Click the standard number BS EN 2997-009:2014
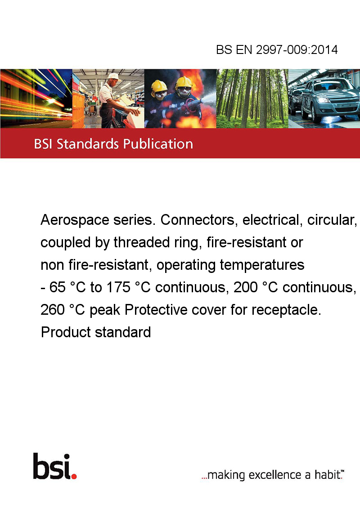tap(277, 49)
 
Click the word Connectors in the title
tap(198, 220)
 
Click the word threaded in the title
tap(139, 242)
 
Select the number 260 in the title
tap(52, 310)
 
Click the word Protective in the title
tap(159, 310)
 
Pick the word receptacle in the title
tap(286, 310)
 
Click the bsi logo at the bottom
tap(55, 466)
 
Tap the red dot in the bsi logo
tap(74, 476)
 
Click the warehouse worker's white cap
tap(114, 76)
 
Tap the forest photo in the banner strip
tap(252, 98)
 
